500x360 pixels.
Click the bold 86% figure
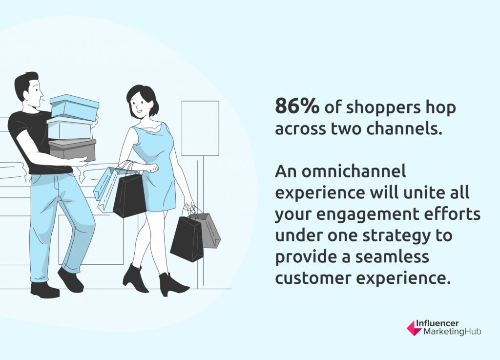point(296,106)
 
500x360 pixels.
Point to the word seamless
point(392,256)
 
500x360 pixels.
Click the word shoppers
point(378,108)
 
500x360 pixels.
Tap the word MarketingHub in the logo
point(452,332)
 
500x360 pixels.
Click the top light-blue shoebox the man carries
point(74,107)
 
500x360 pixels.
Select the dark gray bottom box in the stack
point(72,149)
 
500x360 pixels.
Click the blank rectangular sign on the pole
point(200,128)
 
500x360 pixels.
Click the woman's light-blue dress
point(156,166)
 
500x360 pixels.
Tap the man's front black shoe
point(70,279)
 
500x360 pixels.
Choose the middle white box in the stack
point(70,128)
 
